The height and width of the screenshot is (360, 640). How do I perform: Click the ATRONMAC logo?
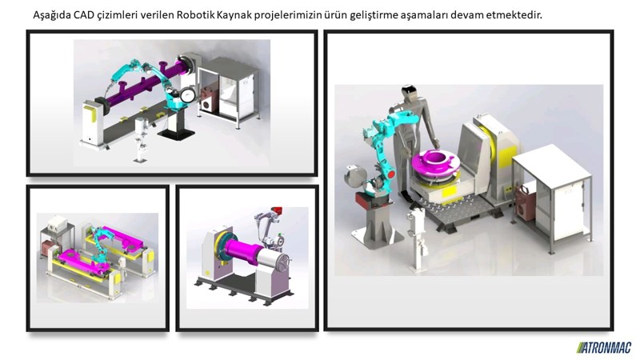604,347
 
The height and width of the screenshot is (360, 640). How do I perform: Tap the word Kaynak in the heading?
234,15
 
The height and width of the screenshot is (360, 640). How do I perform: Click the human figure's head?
409,93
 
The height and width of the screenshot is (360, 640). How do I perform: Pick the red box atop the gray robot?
278,210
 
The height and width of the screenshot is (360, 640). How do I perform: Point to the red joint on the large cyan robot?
390,174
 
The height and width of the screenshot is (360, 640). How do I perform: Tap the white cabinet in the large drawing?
551,196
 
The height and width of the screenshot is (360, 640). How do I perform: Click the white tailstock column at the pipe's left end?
91,122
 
